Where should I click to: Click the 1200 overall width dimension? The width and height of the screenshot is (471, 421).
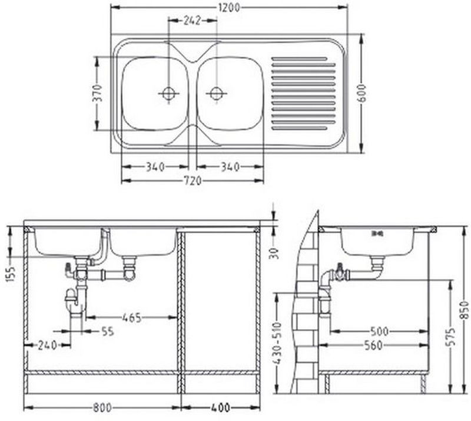coord(229,8)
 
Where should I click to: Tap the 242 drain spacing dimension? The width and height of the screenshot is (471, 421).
coord(192,21)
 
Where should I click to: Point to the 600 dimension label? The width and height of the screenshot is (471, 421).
coord(362,93)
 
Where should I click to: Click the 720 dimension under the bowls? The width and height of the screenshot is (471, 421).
coord(193,181)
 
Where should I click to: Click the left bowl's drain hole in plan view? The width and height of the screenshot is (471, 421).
coord(169,93)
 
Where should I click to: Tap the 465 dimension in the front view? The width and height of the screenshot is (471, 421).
coord(131,317)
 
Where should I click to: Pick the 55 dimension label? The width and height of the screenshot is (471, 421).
coord(107,331)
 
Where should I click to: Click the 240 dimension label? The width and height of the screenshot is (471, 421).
coord(47,346)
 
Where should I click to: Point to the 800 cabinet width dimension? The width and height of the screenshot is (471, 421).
coord(102,408)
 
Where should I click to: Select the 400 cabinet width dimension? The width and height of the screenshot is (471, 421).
coord(220,408)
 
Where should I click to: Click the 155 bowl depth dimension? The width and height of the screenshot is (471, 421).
coord(11,274)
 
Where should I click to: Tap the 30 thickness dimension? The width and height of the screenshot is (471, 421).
coord(275,253)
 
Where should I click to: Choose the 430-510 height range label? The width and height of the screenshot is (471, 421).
coord(278,344)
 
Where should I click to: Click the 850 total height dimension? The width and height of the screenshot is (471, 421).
coord(465,310)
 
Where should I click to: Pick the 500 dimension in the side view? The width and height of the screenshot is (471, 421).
coord(379,331)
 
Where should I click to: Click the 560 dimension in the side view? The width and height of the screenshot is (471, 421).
coord(373,345)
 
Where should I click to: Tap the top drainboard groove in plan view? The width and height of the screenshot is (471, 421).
coord(299,59)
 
